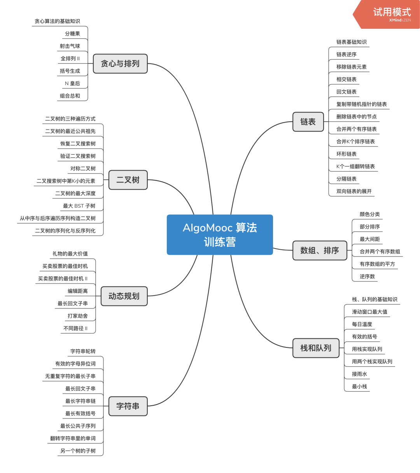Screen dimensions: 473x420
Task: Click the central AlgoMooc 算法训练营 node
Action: click(220, 235)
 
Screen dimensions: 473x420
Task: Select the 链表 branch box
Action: click(308, 122)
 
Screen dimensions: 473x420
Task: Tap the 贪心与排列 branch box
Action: click(120, 63)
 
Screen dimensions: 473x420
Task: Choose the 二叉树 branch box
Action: click(128, 180)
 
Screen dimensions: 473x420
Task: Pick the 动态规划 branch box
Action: click(124, 296)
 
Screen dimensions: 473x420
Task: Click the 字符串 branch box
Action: click(128, 406)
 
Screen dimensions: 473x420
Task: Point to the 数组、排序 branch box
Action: click(320, 251)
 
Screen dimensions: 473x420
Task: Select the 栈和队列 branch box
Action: click(316, 348)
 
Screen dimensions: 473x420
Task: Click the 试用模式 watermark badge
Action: click(391, 14)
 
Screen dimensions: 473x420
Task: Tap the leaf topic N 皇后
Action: click(72, 83)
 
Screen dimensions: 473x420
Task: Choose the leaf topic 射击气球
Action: click(70, 46)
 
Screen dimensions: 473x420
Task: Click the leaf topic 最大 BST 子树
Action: click(79, 206)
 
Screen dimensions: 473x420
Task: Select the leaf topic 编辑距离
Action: click(78, 291)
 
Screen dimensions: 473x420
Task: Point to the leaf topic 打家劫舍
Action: click(78, 316)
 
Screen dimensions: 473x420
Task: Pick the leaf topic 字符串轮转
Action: click(83, 351)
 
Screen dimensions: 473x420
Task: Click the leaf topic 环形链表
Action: click(346, 154)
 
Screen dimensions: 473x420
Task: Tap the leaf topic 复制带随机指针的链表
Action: click(362, 104)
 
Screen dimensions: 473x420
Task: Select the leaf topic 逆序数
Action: click(367, 277)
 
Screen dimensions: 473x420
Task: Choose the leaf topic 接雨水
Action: click(360, 374)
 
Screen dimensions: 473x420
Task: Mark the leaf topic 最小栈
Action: click(360, 387)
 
